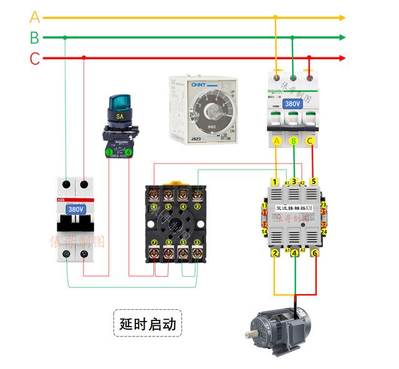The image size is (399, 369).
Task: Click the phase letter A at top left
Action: (x=35, y=17)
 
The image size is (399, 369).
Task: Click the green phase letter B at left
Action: (x=34, y=37)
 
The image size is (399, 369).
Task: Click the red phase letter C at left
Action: (x=35, y=59)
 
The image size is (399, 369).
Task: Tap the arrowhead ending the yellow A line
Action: (x=342, y=18)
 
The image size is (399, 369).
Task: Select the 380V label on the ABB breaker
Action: (x=75, y=209)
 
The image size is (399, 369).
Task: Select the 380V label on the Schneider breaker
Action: (x=293, y=104)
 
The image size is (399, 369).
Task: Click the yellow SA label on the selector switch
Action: (x=120, y=116)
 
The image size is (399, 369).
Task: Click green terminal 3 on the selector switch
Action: (x=109, y=151)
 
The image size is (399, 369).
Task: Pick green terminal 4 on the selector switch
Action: (x=128, y=151)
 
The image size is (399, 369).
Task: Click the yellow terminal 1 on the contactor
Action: (x=274, y=181)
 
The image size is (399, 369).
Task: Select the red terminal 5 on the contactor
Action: (x=314, y=181)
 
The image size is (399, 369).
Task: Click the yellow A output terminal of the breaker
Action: (x=277, y=141)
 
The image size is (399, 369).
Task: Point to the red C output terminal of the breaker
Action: (x=310, y=141)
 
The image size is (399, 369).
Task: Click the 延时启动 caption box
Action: (x=148, y=324)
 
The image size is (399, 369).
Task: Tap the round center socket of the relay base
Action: (x=175, y=224)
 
